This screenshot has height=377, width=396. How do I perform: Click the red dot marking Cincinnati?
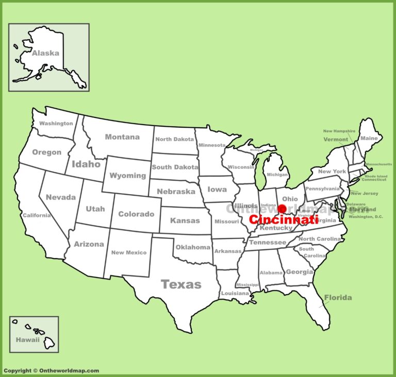coord(282,209)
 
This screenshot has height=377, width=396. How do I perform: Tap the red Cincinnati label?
coord(283,219)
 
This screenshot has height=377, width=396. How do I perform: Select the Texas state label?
coord(181,284)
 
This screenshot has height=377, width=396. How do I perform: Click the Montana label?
coord(122,137)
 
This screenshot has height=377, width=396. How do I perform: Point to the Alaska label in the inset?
coord(45,53)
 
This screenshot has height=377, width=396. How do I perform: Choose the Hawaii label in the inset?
coord(27,340)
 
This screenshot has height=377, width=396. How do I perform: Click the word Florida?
coord(338,297)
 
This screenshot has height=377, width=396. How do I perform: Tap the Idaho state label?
coord(86,164)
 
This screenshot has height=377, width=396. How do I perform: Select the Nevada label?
coord(61,197)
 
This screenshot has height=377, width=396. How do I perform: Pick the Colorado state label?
coord(136,214)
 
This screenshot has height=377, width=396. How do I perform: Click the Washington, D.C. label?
coord(366,217)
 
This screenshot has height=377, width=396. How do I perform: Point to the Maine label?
coord(369,138)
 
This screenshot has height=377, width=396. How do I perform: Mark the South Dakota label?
coord(175,167)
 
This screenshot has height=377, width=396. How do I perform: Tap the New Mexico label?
coord(129,252)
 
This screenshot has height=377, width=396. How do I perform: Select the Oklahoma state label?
coord(193,247)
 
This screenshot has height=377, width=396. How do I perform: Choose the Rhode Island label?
coord(376,176)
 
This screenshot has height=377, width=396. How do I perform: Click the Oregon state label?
coord(46,152)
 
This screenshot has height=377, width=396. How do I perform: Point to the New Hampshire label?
coord(339,131)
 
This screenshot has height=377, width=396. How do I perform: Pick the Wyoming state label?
coord(128,176)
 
